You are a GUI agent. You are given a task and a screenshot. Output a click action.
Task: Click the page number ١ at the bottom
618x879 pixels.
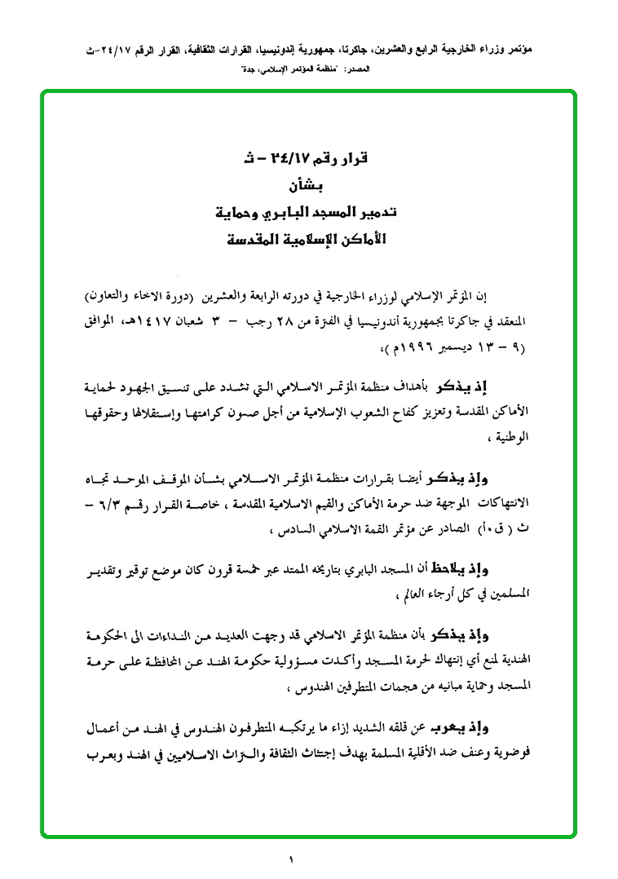(x=290, y=859)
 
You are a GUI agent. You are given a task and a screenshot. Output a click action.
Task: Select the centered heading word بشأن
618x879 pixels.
(x=307, y=185)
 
